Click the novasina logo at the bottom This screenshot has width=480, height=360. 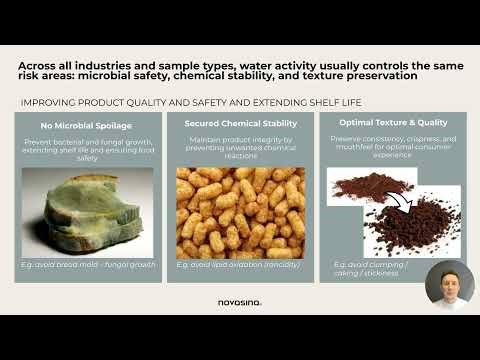point(239,302)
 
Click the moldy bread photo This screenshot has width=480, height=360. point(88,212)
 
